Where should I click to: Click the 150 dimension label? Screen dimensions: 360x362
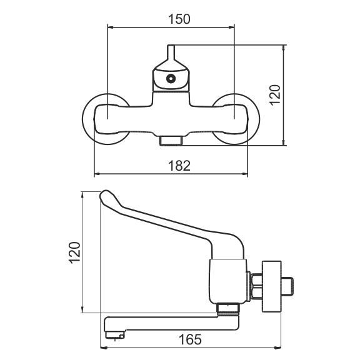coord(179,19)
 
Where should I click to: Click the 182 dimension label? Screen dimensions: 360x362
coord(179,166)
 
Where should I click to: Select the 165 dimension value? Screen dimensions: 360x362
coord(190,339)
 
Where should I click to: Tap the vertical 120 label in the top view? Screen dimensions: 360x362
coord(275,95)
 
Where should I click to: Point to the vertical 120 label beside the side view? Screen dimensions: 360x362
coord(74,253)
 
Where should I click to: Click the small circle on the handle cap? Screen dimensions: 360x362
coord(171,79)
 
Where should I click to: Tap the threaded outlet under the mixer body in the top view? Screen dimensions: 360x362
coord(171,141)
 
